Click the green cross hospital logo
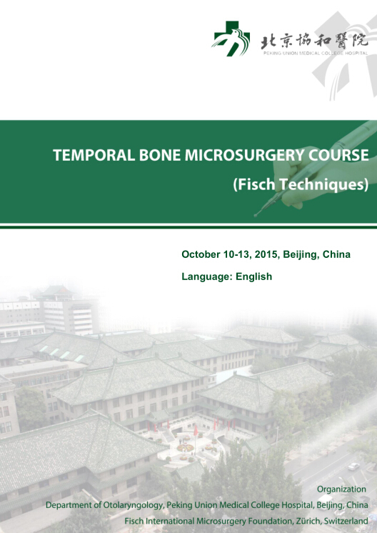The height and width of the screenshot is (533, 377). [x=231, y=39]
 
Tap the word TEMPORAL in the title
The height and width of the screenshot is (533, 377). [x=94, y=155]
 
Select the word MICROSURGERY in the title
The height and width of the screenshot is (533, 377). [x=244, y=155]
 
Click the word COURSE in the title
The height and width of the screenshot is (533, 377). [x=338, y=155]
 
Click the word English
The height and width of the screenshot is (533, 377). [x=254, y=277]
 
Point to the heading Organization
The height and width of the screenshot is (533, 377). [x=341, y=489]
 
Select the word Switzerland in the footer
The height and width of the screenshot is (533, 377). [x=346, y=521]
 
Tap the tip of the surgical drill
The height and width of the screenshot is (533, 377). [x=256, y=215]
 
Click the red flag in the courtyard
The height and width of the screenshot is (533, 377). [x=196, y=430]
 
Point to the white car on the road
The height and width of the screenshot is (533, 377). [x=354, y=467]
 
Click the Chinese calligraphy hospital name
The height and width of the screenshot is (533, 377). [x=314, y=41]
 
